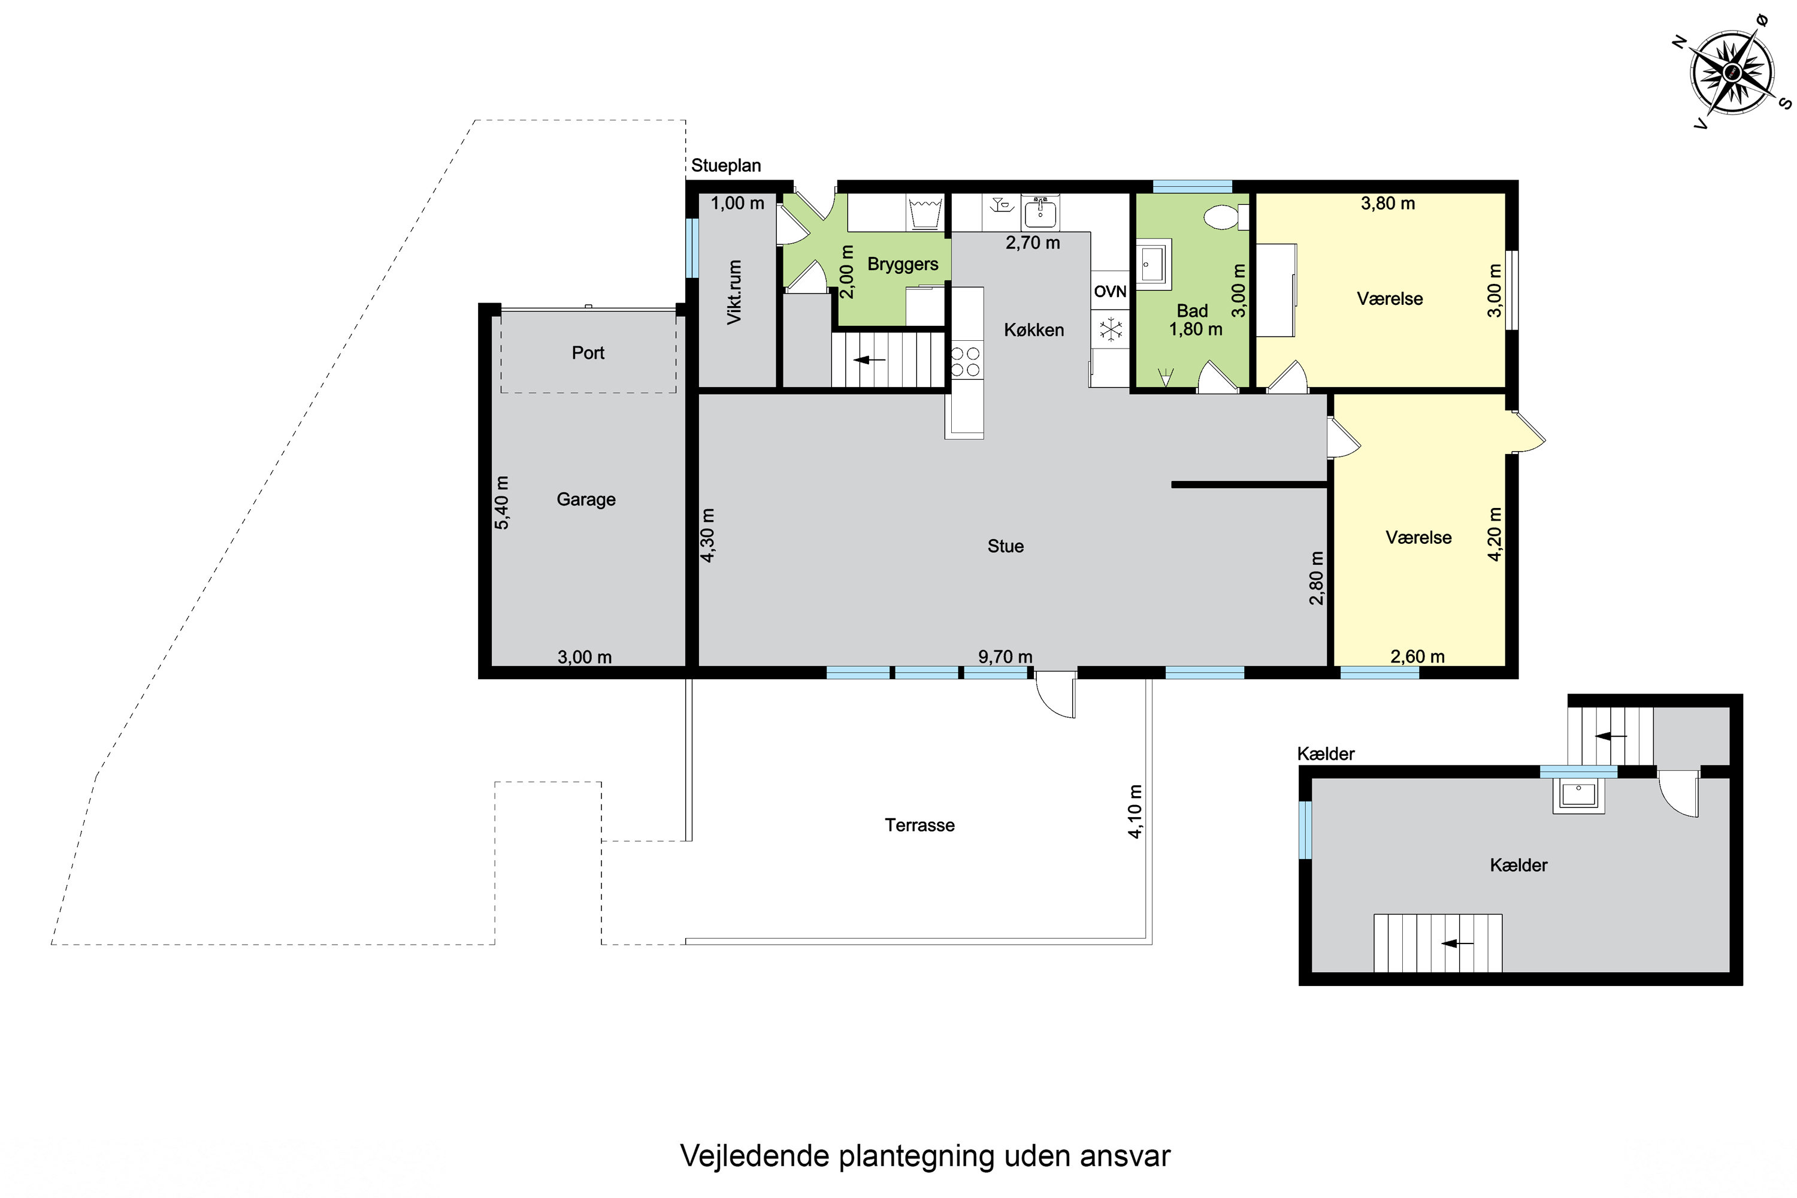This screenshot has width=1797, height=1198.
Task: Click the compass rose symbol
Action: point(1732,73)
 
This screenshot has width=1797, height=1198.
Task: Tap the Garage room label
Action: point(586,500)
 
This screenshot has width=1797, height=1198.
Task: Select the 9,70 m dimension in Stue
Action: point(1006,657)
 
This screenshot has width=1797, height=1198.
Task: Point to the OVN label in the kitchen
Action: point(1110,291)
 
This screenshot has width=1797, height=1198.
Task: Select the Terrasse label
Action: point(920,825)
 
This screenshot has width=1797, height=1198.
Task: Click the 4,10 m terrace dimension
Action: point(1135,812)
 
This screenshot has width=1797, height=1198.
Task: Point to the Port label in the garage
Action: point(588,353)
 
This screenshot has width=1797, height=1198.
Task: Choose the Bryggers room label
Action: point(903,264)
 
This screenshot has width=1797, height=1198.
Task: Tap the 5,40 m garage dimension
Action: point(502,503)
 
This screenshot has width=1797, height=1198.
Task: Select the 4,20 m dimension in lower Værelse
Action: point(1495,534)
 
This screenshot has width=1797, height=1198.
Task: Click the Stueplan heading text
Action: point(726,166)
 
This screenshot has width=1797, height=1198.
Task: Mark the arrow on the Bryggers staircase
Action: point(870,359)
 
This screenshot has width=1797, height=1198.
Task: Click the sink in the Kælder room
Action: point(1578,795)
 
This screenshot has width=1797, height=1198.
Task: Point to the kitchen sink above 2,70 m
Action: point(1040,211)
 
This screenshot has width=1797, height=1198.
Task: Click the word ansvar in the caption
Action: point(1126,1157)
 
